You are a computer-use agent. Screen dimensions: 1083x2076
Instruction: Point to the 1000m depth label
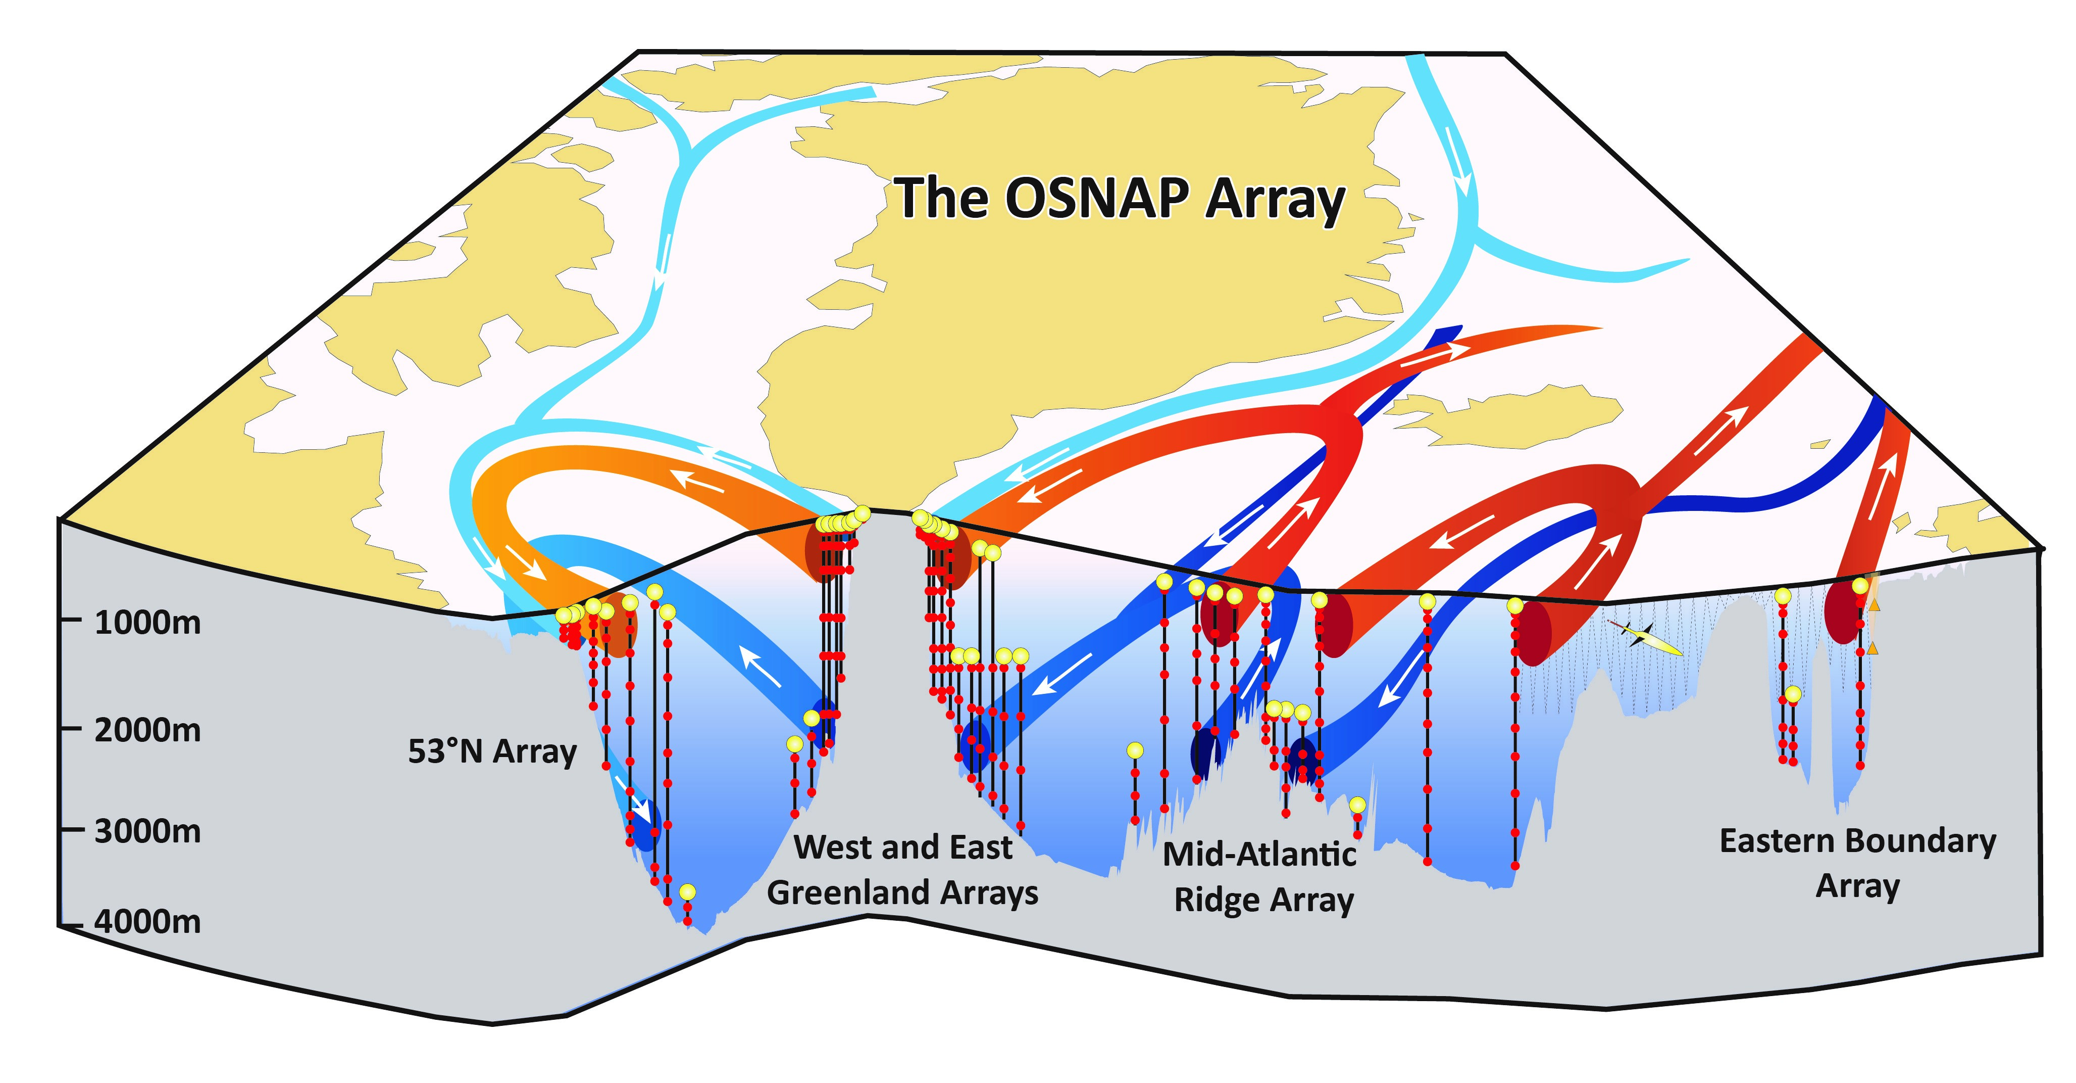(147, 623)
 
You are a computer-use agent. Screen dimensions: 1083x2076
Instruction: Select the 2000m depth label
(147, 731)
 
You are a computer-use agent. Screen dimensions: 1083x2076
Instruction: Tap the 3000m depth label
(147, 831)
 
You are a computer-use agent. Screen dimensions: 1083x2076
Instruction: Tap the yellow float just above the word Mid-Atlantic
(1357, 805)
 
